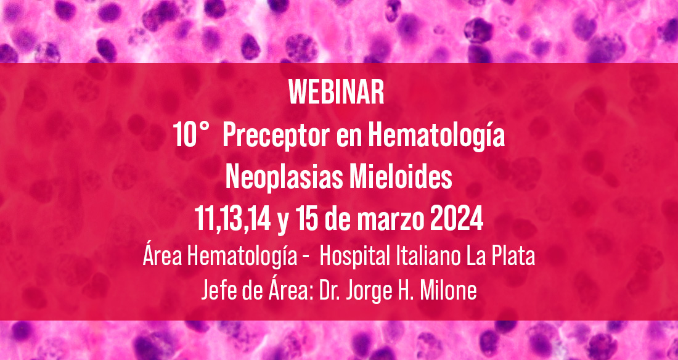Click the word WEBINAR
(337, 92)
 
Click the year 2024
(457, 220)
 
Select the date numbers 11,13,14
(232, 221)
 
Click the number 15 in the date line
(307, 220)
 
